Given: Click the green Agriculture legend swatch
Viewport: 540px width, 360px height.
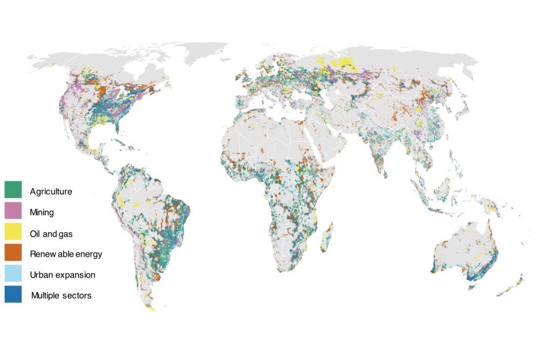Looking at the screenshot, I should (13, 190).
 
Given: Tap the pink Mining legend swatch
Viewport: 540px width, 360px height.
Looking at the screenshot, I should (13, 211).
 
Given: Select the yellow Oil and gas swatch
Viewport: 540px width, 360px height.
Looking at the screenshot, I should (13, 232).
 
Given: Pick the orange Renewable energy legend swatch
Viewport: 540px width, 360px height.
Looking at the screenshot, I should (13, 253).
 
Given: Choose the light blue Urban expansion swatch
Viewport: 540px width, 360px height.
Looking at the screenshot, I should (13, 274).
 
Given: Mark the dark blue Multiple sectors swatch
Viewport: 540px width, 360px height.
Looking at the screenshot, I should (13, 295).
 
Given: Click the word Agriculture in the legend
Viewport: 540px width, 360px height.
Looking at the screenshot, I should (51, 192).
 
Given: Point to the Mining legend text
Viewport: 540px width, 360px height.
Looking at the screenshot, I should (42, 212).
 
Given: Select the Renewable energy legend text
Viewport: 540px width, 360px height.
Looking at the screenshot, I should (66, 254).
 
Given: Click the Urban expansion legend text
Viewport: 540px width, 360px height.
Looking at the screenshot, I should (63, 275).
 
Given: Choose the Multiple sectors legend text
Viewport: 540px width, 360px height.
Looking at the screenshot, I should (61, 295).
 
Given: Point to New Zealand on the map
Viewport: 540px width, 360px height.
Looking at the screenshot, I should (513, 286).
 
